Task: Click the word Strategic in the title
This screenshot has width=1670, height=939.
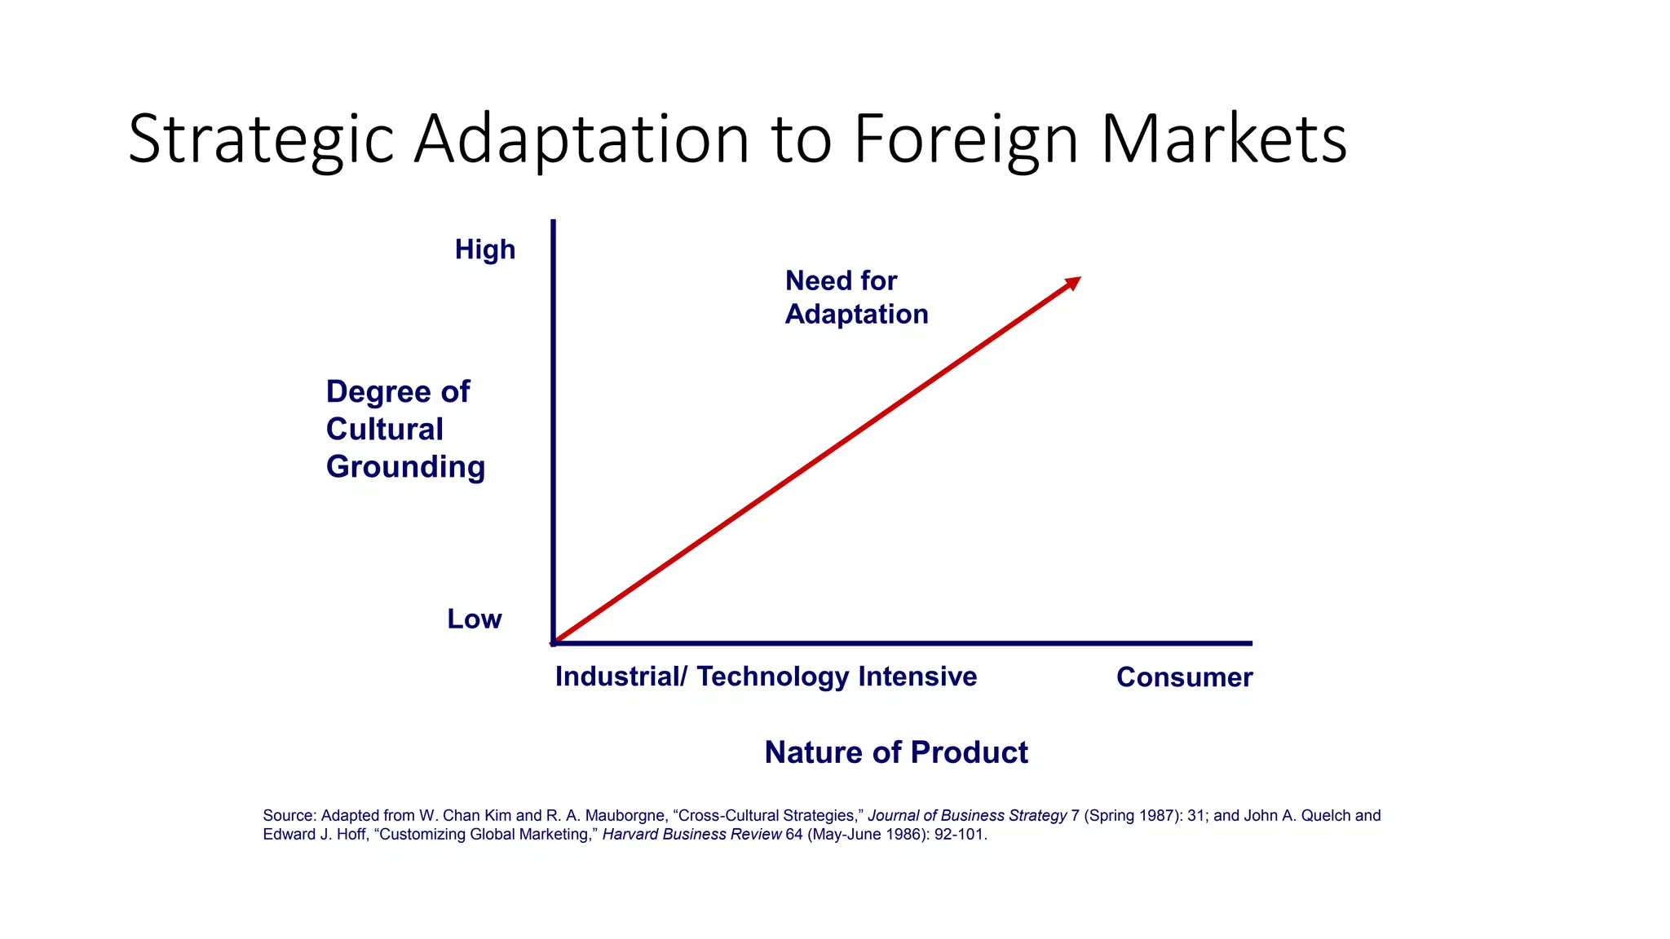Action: pyautogui.click(x=261, y=140)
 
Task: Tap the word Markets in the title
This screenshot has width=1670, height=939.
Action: pyautogui.click(x=1223, y=140)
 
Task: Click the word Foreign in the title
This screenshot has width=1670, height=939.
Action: pyautogui.click(x=966, y=140)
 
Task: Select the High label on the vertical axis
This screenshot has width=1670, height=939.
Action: pyautogui.click(x=485, y=249)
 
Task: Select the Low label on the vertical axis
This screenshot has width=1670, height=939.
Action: pyautogui.click(x=474, y=619)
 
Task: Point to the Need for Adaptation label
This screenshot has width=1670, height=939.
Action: pyautogui.click(x=855, y=298)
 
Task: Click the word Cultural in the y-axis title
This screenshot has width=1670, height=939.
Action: pyautogui.click(x=384, y=430)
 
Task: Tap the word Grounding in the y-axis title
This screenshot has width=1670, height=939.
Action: pyautogui.click(x=405, y=467)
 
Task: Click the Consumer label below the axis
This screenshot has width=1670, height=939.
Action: pyautogui.click(x=1184, y=677)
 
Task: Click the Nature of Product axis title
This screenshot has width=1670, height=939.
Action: pyautogui.click(x=896, y=752)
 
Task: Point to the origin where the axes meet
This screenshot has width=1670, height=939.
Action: pyautogui.click(x=554, y=643)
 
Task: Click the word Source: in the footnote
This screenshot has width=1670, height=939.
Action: pyautogui.click(x=289, y=816)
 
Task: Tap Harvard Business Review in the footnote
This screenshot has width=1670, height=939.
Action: pyautogui.click(x=691, y=835)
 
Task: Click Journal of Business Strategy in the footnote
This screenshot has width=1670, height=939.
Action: pyautogui.click(x=967, y=816)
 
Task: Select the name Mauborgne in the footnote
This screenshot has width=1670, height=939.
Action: pyautogui.click(x=626, y=816)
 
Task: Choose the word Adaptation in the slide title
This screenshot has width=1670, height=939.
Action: pyautogui.click(x=581, y=140)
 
